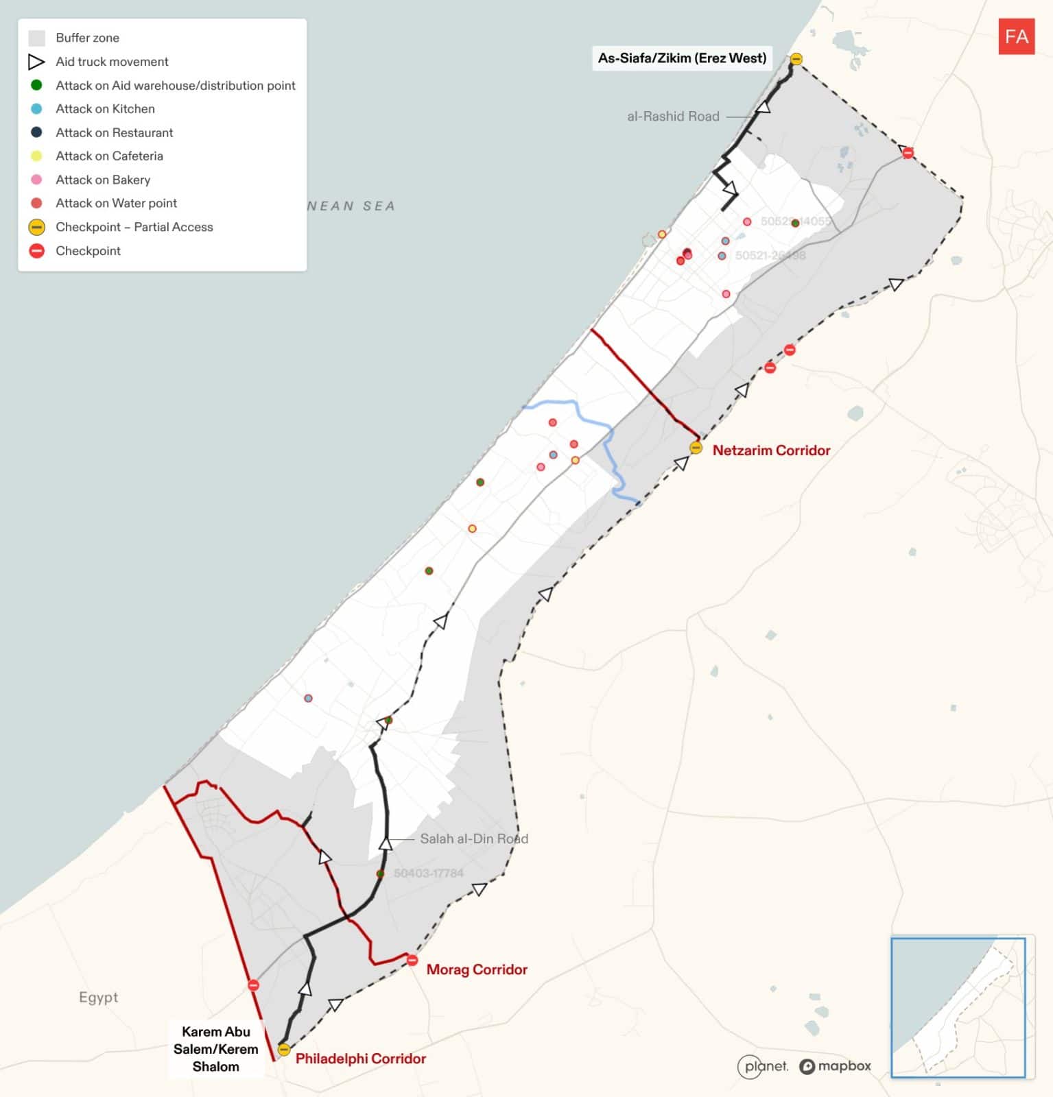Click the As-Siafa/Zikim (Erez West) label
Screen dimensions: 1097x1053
pos(682,58)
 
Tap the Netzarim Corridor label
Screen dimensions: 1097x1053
pos(771,450)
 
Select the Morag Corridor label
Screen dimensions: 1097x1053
pos(477,969)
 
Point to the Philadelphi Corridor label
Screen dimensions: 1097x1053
pos(361,1059)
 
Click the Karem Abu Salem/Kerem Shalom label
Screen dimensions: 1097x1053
pos(216,1049)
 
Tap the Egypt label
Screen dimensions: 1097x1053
pos(98,997)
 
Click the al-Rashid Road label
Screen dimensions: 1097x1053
pos(673,117)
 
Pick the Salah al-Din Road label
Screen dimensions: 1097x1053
pos(474,839)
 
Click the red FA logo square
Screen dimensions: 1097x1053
pos(1016,36)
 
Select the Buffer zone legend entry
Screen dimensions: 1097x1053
pos(87,38)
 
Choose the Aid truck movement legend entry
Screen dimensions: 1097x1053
pos(112,62)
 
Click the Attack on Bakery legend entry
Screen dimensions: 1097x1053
pos(103,180)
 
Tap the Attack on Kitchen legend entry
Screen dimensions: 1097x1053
pos(105,109)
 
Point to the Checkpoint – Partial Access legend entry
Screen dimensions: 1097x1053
pos(134,227)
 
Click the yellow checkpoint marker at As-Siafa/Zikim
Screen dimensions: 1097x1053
pos(796,59)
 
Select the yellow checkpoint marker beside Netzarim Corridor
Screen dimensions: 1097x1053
pos(696,448)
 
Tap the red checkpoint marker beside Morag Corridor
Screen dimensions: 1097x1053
pos(412,960)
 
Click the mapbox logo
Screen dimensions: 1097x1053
pos(835,1066)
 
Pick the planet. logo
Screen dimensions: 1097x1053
pos(763,1066)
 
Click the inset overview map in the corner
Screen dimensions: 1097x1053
pos(958,1006)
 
